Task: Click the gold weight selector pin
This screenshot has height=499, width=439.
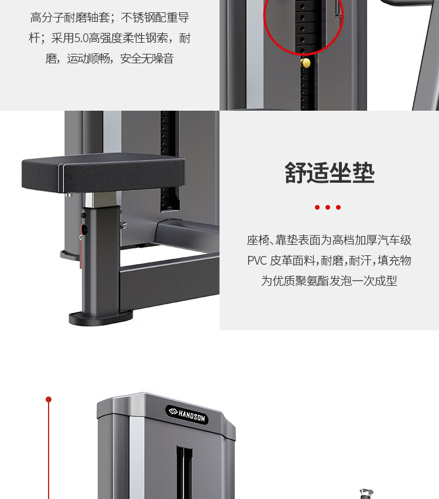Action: tap(306, 63)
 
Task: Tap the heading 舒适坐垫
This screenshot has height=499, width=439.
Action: tap(330, 173)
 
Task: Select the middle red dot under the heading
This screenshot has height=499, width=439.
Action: tap(328, 207)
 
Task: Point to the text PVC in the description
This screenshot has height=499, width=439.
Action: tap(257, 260)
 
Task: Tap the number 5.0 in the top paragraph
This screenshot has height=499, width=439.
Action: tap(81, 38)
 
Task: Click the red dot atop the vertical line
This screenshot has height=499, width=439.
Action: tap(49, 399)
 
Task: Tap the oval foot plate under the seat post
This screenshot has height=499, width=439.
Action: tap(101, 318)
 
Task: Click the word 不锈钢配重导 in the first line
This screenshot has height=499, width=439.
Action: tap(155, 18)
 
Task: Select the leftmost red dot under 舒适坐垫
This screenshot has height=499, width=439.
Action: tap(317, 207)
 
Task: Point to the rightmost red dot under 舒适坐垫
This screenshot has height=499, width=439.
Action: tap(338, 207)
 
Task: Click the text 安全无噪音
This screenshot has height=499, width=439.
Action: tap(147, 59)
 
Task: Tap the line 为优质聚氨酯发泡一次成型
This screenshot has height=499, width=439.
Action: tap(329, 281)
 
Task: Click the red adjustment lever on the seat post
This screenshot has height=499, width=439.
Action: tap(81, 245)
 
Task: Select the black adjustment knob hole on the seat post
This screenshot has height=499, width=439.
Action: tap(84, 228)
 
